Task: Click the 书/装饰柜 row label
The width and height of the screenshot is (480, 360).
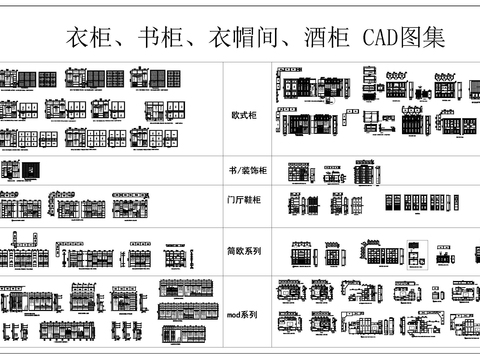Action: [245, 172]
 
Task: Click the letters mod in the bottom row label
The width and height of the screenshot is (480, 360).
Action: [235, 315]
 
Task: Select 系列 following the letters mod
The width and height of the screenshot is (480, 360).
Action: [252, 315]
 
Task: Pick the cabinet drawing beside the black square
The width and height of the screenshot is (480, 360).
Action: [11, 170]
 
